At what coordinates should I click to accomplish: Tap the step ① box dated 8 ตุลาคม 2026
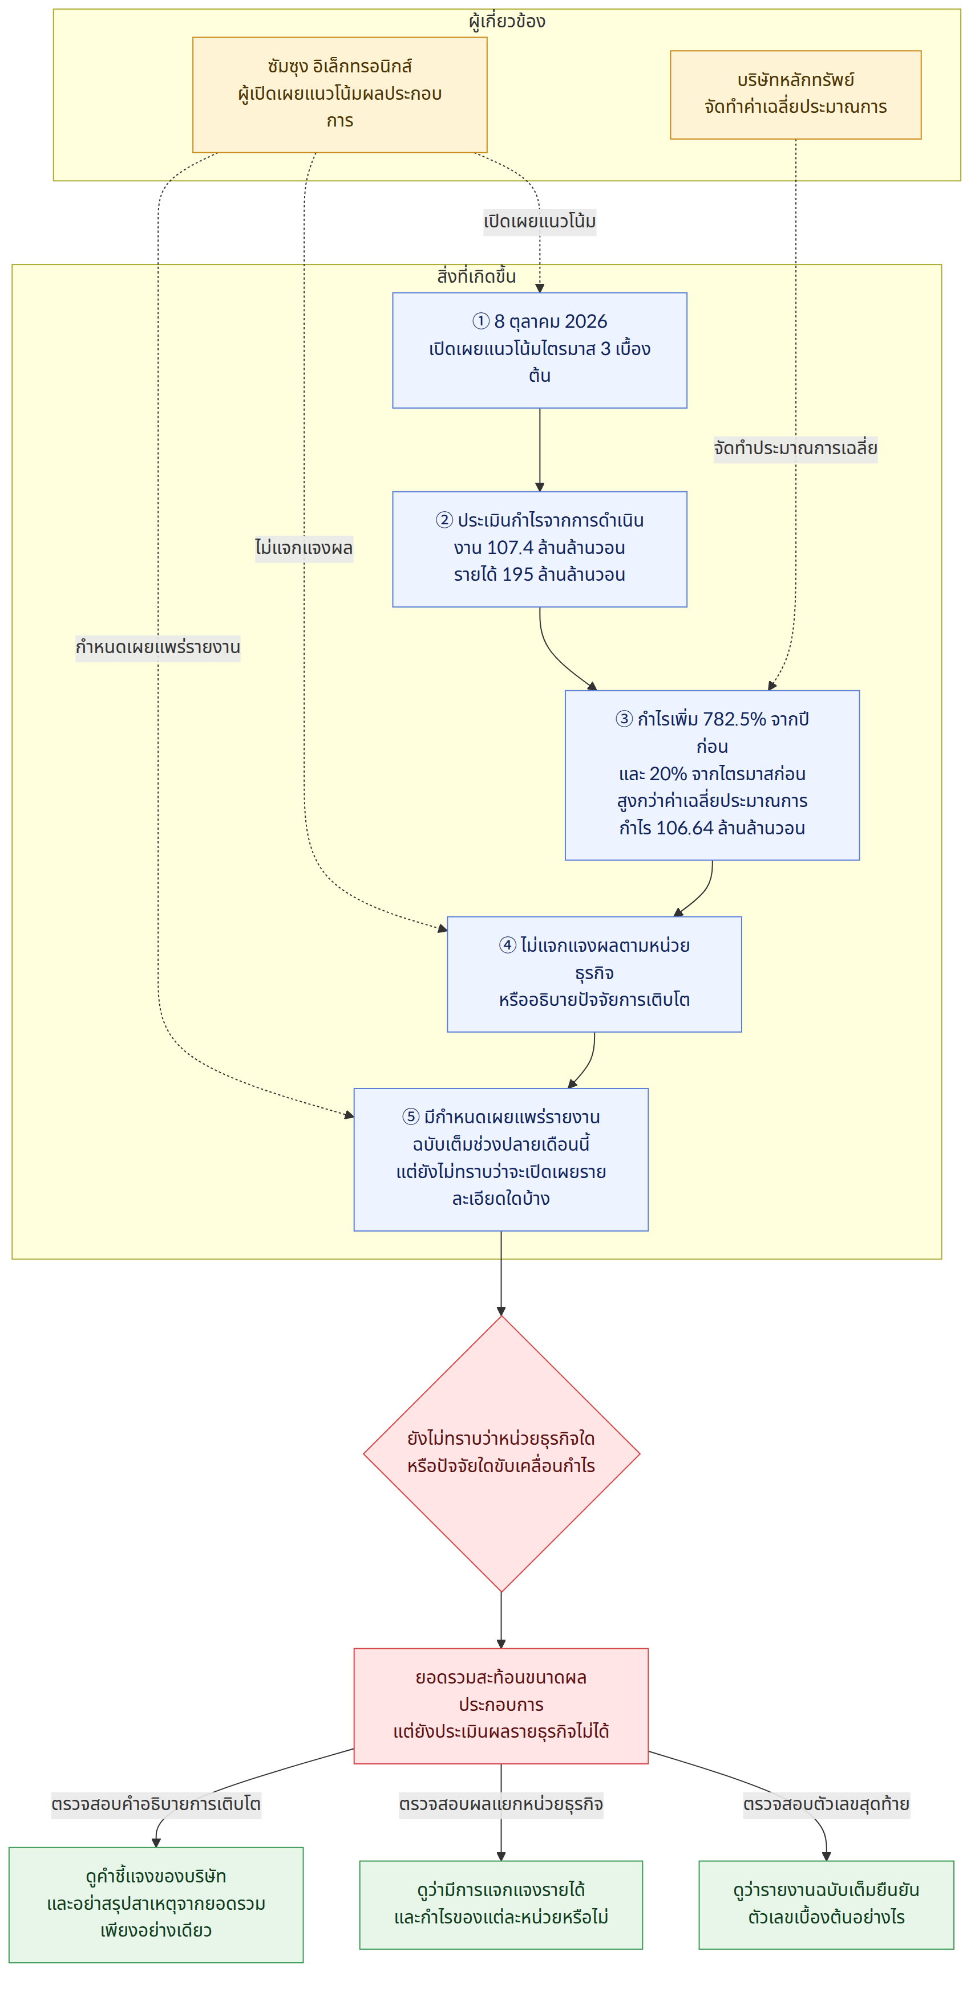tap(539, 350)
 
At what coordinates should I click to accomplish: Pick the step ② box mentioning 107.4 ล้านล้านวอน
tap(539, 549)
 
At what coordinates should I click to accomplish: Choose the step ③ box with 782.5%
tap(711, 775)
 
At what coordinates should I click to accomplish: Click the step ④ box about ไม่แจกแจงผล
tap(594, 973)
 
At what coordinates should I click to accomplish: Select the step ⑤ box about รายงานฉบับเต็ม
tap(501, 1159)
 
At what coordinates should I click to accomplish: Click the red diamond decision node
tap(501, 1453)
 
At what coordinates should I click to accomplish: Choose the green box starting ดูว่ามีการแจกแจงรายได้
tap(501, 1904)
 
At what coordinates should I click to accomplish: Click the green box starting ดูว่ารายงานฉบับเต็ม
tap(826, 1904)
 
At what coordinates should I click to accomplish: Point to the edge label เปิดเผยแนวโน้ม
tap(539, 222)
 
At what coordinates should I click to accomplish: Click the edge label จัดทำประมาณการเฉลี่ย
tap(795, 449)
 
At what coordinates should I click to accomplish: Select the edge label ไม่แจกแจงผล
tap(304, 548)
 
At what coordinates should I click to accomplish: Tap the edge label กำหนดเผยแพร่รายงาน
tap(157, 647)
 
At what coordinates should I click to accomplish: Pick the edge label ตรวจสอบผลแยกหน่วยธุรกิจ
tap(501, 1804)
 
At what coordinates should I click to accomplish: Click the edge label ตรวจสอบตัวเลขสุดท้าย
tap(826, 1804)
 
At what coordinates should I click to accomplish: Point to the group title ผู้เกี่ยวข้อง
tap(507, 21)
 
